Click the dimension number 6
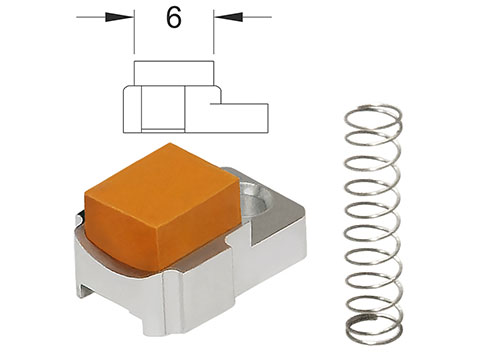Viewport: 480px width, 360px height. (174, 18)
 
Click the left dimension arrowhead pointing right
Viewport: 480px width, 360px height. (119, 17)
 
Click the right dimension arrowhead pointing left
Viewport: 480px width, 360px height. (228, 17)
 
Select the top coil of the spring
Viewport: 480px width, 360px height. (373, 117)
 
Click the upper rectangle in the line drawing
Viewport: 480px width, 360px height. (173, 73)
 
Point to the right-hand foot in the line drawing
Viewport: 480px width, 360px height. (239, 118)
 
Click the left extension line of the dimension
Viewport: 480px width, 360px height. (134, 32)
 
